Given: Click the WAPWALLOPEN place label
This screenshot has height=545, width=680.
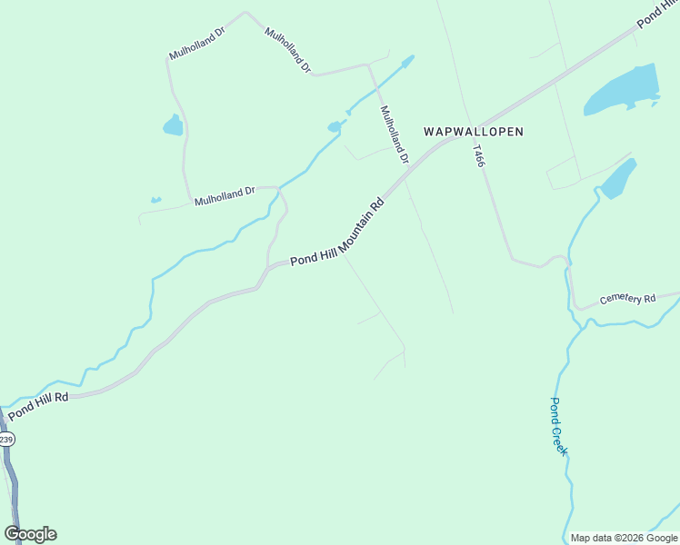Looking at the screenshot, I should click(474, 132).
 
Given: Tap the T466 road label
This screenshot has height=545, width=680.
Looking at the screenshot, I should click(479, 154).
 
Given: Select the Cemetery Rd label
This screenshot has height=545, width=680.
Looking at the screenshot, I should click(627, 299).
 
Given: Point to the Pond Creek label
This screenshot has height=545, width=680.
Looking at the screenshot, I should click(558, 426).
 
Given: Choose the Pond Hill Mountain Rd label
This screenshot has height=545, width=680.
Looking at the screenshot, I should click(338, 233).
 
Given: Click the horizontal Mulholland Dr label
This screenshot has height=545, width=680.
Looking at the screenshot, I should click(225, 193).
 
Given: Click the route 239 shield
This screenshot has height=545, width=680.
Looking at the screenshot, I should click(6, 440).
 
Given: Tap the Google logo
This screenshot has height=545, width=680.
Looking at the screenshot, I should click(30, 534).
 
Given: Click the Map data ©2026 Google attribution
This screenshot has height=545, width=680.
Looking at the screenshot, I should click(624, 538).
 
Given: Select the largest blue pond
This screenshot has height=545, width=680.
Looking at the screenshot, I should click(622, 90).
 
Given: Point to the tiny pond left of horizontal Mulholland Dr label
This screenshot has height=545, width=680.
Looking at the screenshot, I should click(155, 200).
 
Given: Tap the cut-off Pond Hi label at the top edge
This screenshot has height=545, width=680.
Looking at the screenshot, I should click(655, 12).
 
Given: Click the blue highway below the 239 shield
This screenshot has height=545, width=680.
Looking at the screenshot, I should click(11, 481).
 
